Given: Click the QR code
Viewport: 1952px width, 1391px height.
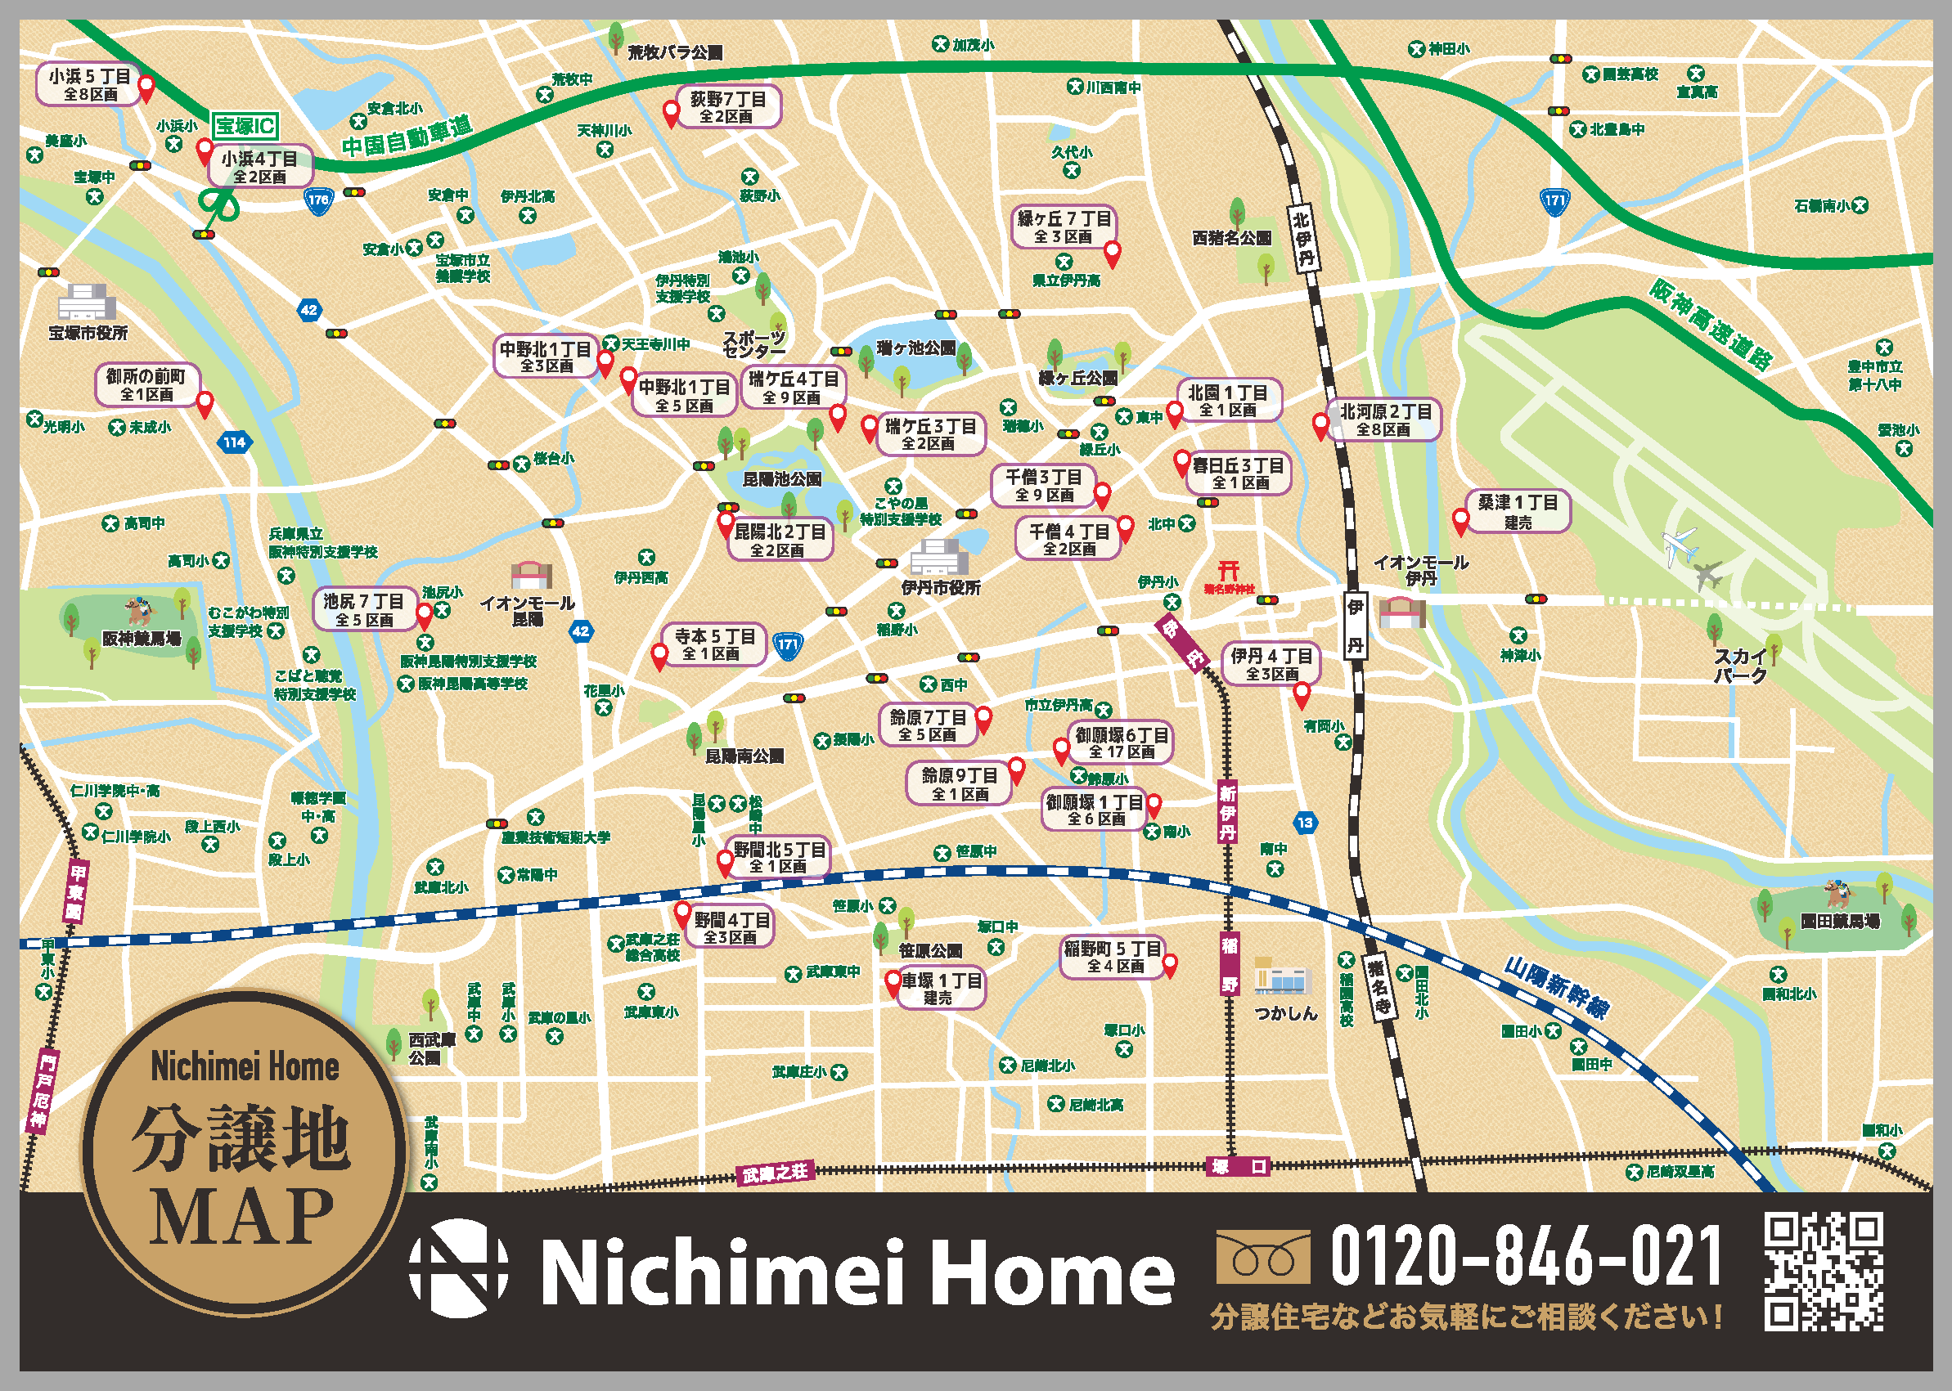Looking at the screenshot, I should coord(1823,1270).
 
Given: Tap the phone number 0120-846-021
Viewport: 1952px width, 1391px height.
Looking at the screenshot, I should coord(1525,1256).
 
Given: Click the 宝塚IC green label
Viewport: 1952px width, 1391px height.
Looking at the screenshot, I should coord(245,126).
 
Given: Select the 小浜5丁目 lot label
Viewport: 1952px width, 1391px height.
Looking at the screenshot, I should coord(89,85).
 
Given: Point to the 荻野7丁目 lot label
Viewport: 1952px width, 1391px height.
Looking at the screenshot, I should coord(728,107).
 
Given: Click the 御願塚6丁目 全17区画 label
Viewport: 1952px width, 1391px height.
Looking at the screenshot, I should coord(1122,743).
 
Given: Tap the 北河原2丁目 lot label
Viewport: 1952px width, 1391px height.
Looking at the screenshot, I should coord(1384,420).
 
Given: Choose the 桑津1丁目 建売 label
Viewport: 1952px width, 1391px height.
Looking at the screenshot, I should coord(1518,511).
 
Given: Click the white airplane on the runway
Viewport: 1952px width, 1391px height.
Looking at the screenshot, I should coord(1679,545).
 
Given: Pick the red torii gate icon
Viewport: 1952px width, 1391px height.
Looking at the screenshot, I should coord(1229,572).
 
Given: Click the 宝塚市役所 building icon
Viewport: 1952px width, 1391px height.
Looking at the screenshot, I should coord(86,303).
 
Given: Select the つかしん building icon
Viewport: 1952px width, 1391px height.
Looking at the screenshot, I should coord(1282,976).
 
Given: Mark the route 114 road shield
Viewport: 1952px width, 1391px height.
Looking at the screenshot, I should coord(235,443).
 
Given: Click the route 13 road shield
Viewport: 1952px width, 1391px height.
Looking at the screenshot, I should coord(1305,823).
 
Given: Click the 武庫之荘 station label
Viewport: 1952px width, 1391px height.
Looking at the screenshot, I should coord(775,1173).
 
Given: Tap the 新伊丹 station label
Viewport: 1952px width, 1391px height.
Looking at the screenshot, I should coord(1228,810).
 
